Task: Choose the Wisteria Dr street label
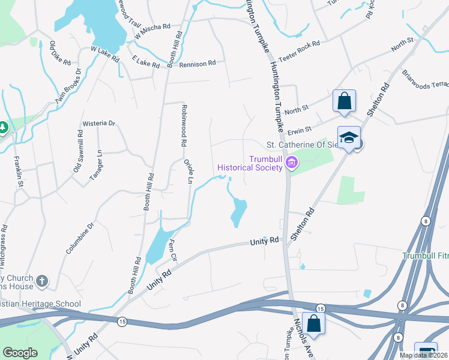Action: pyautogui.click(x=98, y=124)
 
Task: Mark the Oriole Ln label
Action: pyautogui.click(x=189, y=170)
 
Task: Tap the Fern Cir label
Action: pyautogui.click(x=173, y=251)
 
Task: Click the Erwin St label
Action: pyautogui.click(x=300, y=129)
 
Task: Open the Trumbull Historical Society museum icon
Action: pyautogui.click(x=292, y=162)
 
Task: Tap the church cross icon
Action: pyautogui.click(x=41, y=280)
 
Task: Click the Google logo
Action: pyautogui.click(x=20, y=352)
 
